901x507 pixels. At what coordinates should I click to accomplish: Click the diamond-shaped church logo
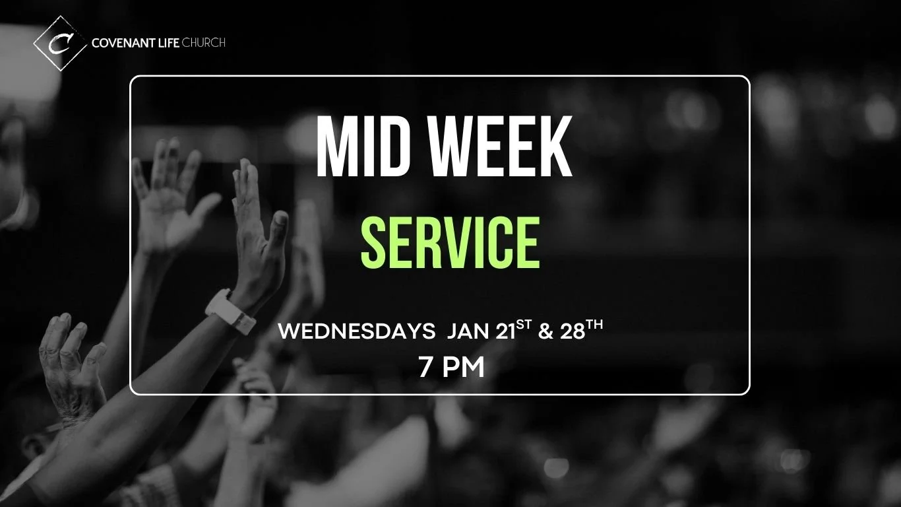[x=60, y=43]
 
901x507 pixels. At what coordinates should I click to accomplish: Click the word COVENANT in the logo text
[x=124, y=44]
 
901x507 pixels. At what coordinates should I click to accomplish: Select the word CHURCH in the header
[x=204, y=44]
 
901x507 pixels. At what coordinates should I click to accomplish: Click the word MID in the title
[x=356, y=148]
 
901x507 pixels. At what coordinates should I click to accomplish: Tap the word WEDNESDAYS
[x=356, y=331]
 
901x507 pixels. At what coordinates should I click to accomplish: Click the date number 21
[x=505, y=331]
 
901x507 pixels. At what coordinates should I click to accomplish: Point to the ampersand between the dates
[x=545, y=331]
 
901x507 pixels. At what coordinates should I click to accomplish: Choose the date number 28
[x=573, y=331]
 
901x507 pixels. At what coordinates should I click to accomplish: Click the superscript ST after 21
[x=524, y=326]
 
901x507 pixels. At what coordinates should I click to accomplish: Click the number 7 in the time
[x=425, y=368]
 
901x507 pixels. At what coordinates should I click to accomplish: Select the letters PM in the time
[x=463, y=368]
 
